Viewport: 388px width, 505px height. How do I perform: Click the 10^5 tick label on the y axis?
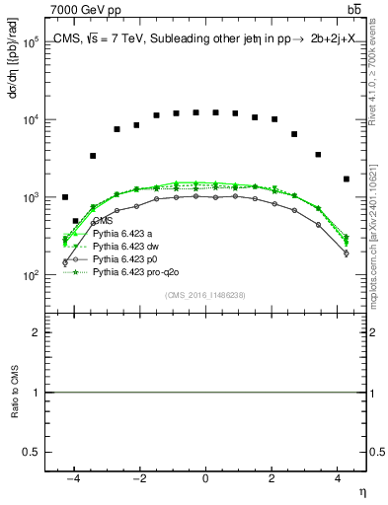tap(33, 43)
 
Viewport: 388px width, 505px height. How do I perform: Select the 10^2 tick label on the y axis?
tap(33, 276)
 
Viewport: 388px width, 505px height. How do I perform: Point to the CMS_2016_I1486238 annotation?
tap(205, 295)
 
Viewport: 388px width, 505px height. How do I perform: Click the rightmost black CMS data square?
tap(346, 179)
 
